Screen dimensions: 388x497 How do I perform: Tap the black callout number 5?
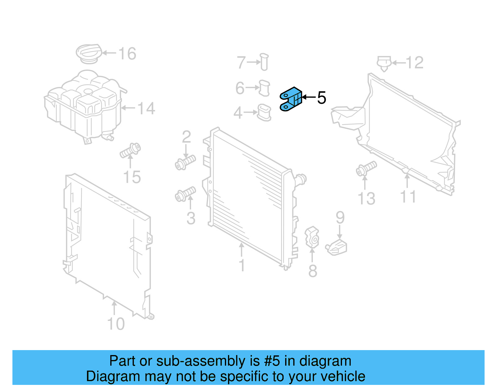click(321, 98)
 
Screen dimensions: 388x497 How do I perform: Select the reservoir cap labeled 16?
click(89, 53)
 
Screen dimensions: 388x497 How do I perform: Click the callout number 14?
click(146, 108)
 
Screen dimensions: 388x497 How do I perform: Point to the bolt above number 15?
click(130, 150)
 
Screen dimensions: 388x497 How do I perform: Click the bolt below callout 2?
click(185, 162)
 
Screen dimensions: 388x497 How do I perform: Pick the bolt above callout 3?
click(185, 194)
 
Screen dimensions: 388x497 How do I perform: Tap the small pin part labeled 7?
click(264, 62)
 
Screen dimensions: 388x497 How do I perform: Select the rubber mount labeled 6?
click(264, 88)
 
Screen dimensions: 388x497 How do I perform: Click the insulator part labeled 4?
click(264, 112)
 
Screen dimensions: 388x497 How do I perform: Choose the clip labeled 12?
click(384, 63)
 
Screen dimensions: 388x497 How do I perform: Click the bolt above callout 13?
click(366, 168)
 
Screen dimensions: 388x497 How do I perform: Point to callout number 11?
click(408, 197)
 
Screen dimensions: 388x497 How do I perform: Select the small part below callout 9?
click(337, 248)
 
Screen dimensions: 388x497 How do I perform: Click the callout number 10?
click(116, 324)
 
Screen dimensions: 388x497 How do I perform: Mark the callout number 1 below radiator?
click(242, 266)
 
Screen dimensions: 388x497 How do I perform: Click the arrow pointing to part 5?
click(309, 97)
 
